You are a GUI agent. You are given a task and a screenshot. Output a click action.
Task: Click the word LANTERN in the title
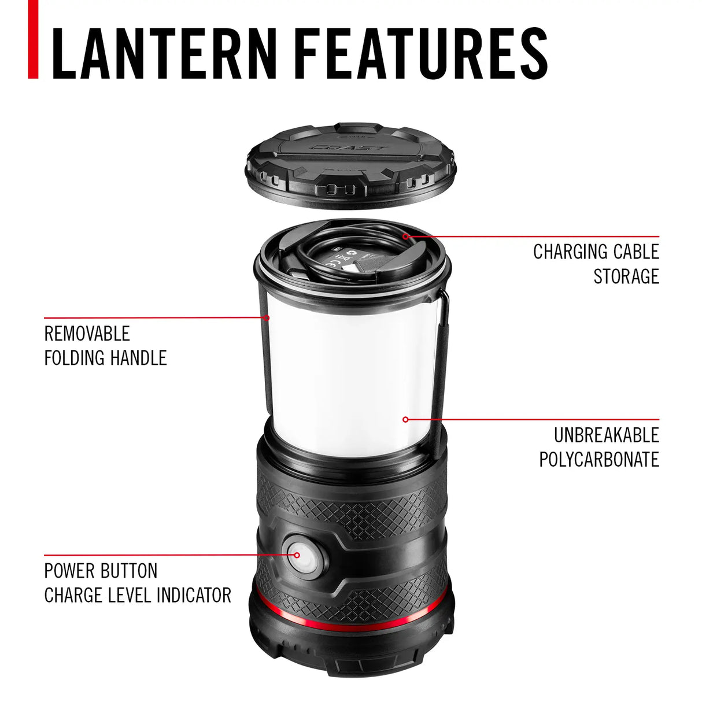[165, 53]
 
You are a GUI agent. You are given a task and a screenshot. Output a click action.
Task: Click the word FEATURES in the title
[421, 53]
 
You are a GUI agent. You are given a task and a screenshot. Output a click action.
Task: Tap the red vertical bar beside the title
[34, 39]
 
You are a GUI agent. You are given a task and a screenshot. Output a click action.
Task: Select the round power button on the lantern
[302, 556]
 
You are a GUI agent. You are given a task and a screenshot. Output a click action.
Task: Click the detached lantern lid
[351, 165]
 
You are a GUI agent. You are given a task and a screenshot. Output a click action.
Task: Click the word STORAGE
[626, 276]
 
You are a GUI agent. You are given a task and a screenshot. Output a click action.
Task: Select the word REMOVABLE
[87, 334]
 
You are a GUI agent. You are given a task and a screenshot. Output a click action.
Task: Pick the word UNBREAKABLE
[606, 435]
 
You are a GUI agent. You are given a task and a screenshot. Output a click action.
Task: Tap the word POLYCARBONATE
[599, 459]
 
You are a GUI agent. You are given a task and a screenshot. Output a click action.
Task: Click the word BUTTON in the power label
[128, 571]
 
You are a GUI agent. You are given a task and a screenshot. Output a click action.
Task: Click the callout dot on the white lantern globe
[405, 419]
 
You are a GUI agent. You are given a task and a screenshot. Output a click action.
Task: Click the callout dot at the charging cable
[405, 236]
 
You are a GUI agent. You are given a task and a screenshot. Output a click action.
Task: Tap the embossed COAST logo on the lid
[349, 148]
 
